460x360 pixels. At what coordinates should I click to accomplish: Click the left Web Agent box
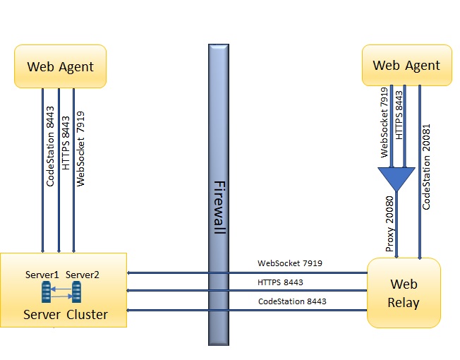[60, 66]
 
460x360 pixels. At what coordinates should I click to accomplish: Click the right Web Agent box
[406, 66]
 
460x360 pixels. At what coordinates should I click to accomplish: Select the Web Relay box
[404, 293]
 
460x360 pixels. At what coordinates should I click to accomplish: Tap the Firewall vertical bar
[219, 194]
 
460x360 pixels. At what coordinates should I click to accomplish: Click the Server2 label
[83, 274]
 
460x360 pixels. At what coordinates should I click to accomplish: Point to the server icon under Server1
[47, 292]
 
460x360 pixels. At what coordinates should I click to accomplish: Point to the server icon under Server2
[76, 292]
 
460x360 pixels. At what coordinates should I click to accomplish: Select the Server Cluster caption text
[66, 314]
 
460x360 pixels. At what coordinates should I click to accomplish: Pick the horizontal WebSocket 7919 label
[290, 263]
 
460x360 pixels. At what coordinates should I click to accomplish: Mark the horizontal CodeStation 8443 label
[292, 301]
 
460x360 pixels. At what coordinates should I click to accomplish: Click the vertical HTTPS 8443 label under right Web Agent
[400, 115]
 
